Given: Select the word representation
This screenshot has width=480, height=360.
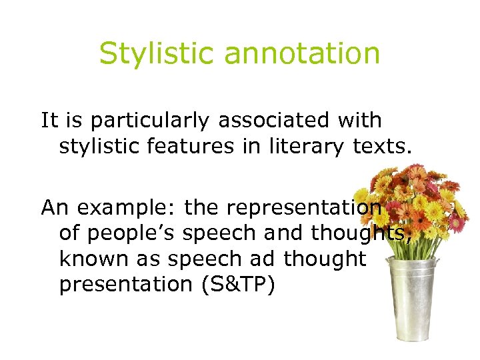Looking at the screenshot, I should (x=303, y=209).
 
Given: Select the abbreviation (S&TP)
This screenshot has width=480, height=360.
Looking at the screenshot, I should (x=233, y=285).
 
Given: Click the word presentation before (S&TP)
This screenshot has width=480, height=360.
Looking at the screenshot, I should (x=125, y=285).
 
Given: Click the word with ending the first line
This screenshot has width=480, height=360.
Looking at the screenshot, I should (x=359, y=121).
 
